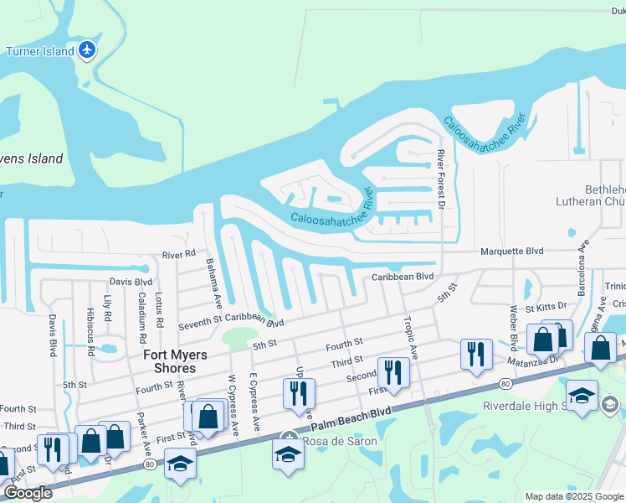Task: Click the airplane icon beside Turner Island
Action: [87, 50]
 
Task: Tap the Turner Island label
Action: [39, 51]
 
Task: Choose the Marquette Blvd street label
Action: [511, 251]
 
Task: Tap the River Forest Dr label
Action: [440, 180]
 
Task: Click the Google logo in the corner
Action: [27, 493]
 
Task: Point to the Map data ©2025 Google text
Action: [573, 496]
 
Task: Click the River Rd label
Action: [178, 252]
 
